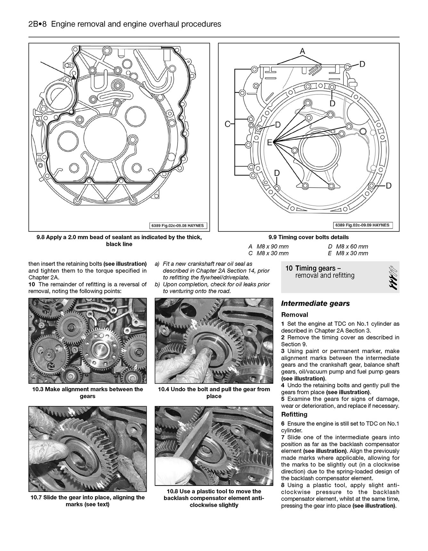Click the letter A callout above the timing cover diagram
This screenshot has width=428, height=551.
point(302,51)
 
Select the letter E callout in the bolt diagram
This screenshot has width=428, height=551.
point(269,142)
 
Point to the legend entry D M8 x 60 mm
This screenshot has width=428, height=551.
point(348,246)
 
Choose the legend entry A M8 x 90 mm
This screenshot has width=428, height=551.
point(268,246)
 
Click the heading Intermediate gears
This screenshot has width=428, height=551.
point(315,304)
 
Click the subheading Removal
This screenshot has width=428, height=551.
point(294,315)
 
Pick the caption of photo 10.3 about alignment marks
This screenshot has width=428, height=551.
point(87,392)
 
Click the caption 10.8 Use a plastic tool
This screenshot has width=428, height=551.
point(214,498)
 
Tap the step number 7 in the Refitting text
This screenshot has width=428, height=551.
point(283,437)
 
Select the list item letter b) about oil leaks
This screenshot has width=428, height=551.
point(157,284)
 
